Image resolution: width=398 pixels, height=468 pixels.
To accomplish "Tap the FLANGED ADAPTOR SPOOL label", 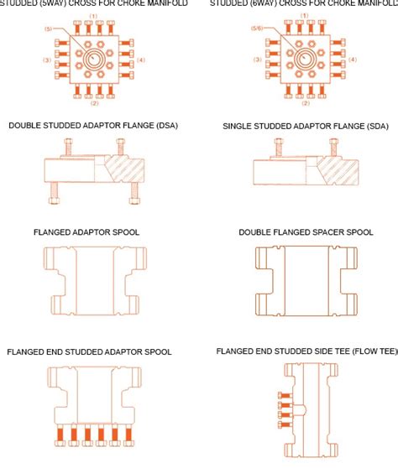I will pos(86,231).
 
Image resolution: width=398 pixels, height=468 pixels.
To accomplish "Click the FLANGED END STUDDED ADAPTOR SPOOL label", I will pos(89,352).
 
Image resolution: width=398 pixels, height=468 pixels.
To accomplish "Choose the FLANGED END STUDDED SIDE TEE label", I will pos(306,352).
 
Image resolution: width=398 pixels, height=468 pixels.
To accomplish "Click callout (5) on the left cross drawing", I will pos(50,29).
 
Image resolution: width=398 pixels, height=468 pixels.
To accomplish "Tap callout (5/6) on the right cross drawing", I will pos(258,29).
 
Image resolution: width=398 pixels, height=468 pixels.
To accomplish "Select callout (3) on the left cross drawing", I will pos(47,60).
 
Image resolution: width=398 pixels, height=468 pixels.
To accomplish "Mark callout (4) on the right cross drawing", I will pos(353,60).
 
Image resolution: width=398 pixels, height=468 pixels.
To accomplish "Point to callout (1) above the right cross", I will pos(303,17).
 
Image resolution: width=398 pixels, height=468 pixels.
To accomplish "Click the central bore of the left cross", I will pos(94,59).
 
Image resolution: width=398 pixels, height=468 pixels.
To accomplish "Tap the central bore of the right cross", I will pos(303,59).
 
